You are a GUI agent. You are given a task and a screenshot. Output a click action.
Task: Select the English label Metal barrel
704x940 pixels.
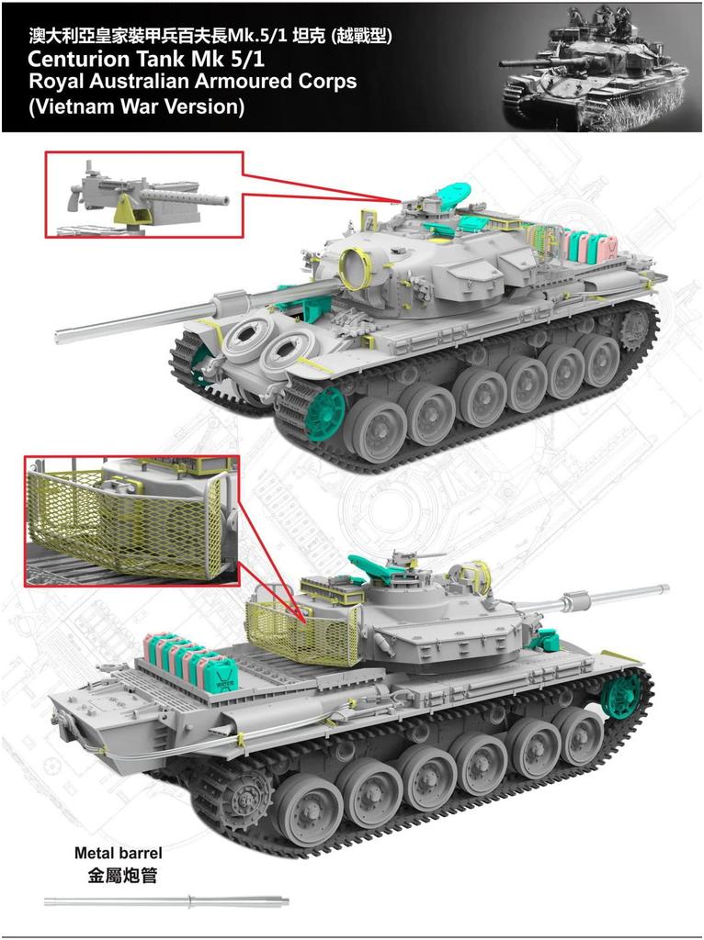tap(118, 853)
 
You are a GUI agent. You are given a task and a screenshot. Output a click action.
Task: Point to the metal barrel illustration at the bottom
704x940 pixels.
tap(165, 900)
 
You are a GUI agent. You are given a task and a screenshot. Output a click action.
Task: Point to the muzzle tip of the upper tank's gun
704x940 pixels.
tap(59, 335)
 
